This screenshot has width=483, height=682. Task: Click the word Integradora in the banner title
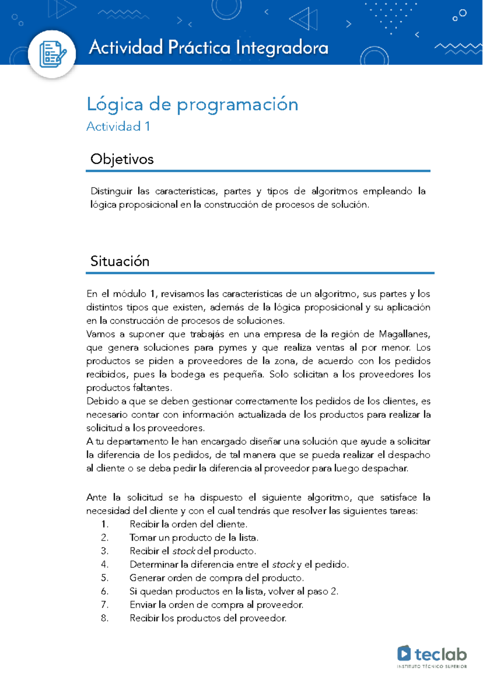282,48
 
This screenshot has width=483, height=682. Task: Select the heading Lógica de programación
192,105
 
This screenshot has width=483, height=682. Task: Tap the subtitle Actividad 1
118,126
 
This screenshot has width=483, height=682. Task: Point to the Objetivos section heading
122,159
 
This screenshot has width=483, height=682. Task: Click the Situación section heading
120,261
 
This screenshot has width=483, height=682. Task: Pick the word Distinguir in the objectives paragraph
111,191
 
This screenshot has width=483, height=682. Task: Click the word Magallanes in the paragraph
405,334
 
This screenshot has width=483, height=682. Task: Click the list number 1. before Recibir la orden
105,524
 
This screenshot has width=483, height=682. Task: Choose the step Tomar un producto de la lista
194,537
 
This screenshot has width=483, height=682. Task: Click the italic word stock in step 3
184,551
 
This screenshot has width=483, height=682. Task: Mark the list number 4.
105,564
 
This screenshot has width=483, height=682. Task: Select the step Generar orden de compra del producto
216,578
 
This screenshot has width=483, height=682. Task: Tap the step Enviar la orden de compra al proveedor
216,605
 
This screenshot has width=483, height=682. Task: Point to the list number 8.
105,618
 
